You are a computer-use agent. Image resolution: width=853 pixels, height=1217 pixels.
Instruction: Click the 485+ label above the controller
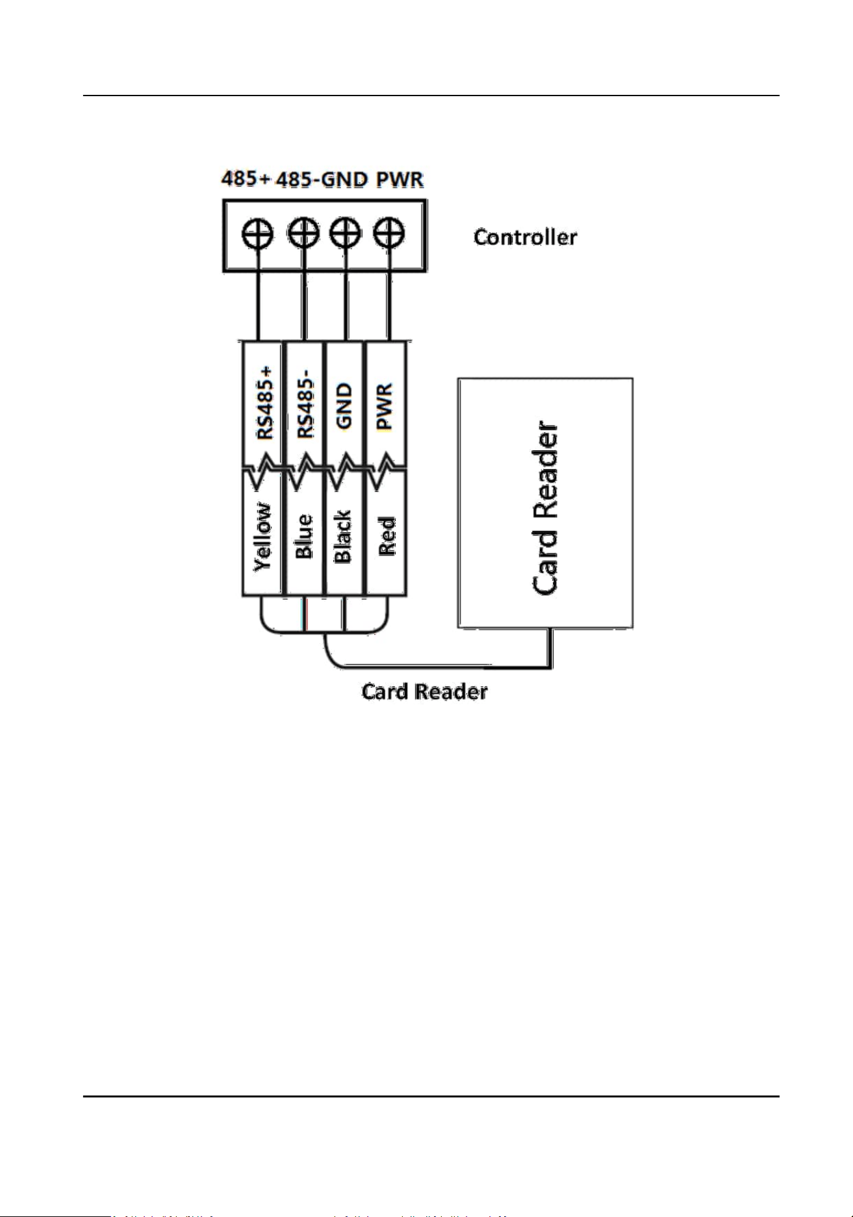246,178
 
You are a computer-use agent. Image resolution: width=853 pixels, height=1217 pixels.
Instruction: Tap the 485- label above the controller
299,179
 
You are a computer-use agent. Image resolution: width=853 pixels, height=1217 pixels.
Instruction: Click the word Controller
525,237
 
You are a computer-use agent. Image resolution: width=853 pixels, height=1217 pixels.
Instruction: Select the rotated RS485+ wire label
264,403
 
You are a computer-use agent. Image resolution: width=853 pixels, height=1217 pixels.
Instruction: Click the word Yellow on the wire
262,537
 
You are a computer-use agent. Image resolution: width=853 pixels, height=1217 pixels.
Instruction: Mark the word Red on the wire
387,536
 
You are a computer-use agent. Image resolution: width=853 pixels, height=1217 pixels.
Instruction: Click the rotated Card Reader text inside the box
545,509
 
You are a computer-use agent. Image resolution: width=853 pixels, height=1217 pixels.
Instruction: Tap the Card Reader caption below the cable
424,691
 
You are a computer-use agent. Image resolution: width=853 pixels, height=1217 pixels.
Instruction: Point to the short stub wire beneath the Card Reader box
552,647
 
